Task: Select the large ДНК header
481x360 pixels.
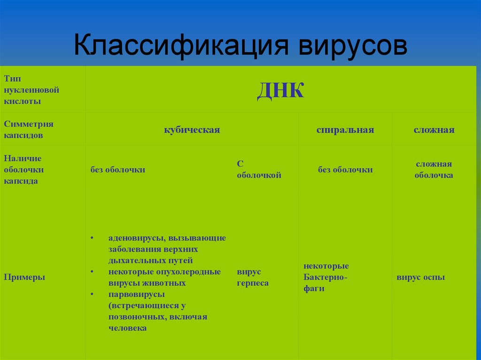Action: coord(280,90)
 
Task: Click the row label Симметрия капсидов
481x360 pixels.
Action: coord(29,130)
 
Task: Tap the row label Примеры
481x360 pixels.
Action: coord(24,277)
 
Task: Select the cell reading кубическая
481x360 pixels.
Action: coord(192,130)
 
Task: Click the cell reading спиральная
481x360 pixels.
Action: coord(345,130)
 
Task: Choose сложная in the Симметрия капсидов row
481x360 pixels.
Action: coord(434,130)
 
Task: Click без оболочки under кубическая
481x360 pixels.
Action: coord(118,170)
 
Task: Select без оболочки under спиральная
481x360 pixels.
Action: coord(345,170)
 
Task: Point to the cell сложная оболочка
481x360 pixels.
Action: coord(434,169)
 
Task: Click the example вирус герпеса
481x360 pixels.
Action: coord(253,277)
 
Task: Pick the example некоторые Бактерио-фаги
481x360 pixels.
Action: coord(326,277)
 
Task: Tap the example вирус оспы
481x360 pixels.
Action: coord(420,277)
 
